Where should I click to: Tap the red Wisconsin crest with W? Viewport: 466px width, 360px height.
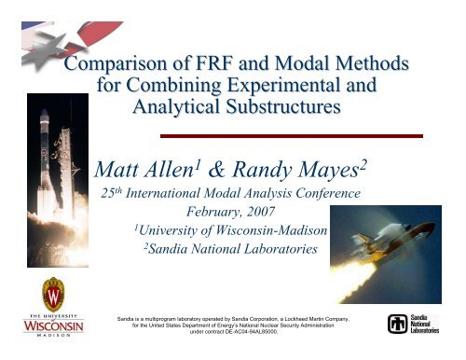[53, 295]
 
